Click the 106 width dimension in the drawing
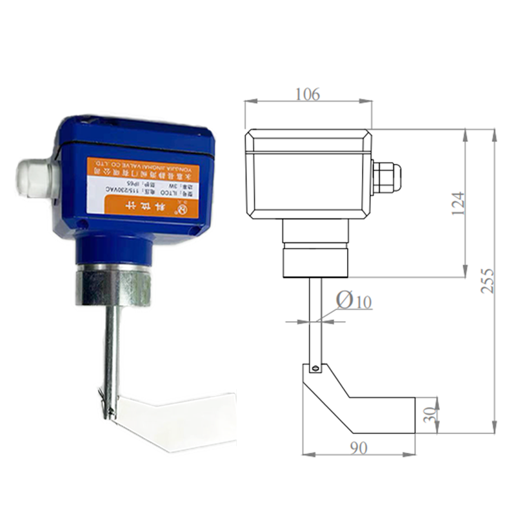coord(308,94)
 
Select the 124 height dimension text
coord(457,203)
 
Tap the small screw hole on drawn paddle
coord(315,368)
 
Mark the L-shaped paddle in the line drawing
coord(361,403)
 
